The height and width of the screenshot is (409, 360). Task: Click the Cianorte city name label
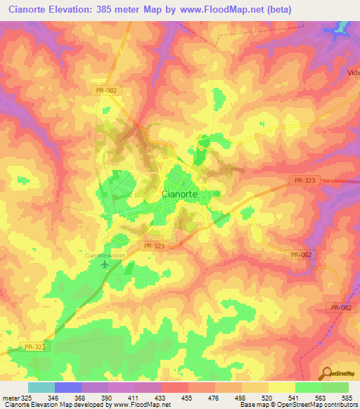181,193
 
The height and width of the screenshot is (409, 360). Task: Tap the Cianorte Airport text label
104,255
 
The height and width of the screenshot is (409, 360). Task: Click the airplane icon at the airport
106,265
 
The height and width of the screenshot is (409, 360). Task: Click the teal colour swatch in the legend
41,387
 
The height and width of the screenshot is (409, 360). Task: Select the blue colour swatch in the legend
68,387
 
